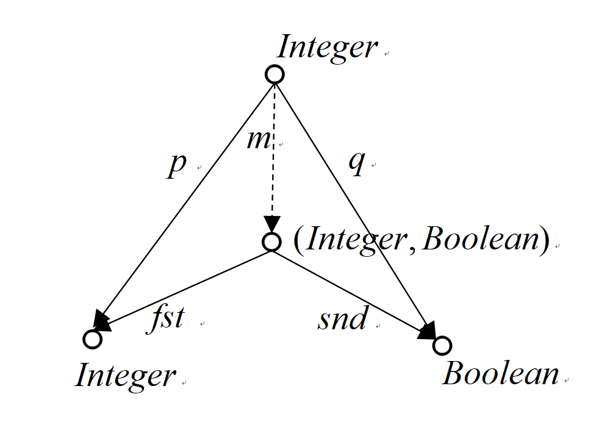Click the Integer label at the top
click(327, 47)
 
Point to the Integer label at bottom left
click(126, 376)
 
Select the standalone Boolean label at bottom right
click(501, 374)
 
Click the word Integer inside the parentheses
click(356, 240)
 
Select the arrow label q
click(357, 162)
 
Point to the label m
click(259, 140)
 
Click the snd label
click(343, 318)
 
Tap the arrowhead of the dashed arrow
click(272, 224)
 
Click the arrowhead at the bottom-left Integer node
click(102, 321)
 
